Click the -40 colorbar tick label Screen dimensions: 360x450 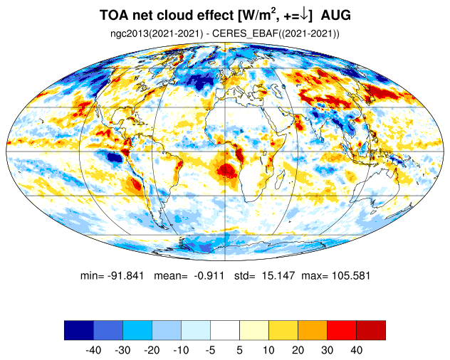pos(93,350)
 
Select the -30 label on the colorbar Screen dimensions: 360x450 pos(122,350)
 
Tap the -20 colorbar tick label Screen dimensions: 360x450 pos(152,350)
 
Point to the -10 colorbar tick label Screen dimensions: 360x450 pos(181,350)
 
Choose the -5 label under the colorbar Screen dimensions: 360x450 pos(210,350)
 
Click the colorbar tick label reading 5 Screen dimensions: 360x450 pos(239,350)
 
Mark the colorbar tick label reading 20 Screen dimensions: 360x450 pos(298,350)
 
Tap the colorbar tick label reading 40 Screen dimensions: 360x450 pos(356,350)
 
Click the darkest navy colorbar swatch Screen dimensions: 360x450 pos(78,330)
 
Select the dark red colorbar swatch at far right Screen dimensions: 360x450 pos(371,330)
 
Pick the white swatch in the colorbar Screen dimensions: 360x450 pos(225,330)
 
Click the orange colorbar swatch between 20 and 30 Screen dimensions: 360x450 pos(313,330)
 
